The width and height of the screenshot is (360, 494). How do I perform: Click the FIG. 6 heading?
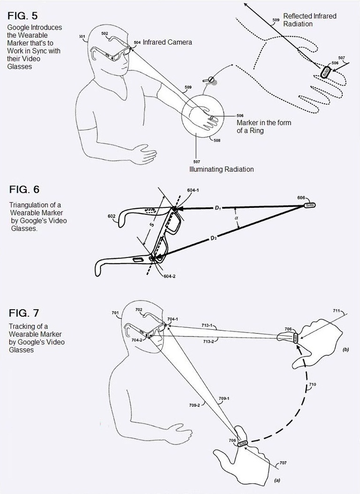tap(24, 190)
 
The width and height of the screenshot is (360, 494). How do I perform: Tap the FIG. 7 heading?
tap(24, 313)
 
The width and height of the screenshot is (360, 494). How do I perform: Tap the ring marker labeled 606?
tap(310, 205)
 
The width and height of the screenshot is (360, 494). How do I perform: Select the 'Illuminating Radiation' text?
tap(221, 169)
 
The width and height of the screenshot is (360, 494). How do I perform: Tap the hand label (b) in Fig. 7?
tap(345, 350)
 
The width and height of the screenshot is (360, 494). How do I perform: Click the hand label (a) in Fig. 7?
tap(276, 481)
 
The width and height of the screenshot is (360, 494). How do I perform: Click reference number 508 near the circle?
tap(217, 140)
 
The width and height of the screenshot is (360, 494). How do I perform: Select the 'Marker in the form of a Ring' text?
tap(263, 127)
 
